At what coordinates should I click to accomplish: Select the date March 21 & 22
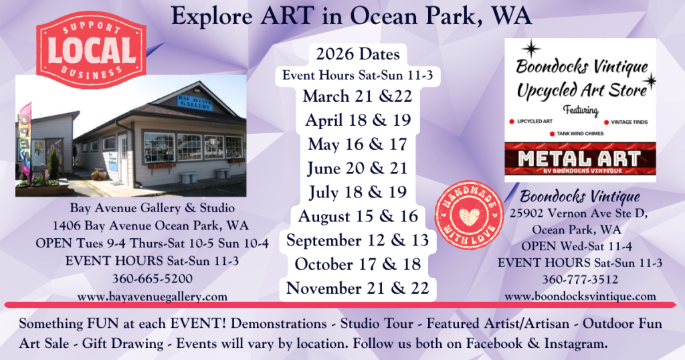pos(357,96)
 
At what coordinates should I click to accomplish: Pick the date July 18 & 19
pos(357,192)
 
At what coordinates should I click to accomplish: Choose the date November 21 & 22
pos(357,288)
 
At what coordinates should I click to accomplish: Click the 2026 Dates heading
pos(357,54)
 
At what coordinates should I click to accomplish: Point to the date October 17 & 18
pos(357,264)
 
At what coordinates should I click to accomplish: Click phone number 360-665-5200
pos(153,278)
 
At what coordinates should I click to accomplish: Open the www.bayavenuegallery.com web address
pos(153,296)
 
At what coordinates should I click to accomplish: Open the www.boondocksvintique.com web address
pos(580,296)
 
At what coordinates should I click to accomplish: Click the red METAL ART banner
pos(580,160)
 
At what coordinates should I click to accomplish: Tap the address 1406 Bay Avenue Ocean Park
pos(153,226)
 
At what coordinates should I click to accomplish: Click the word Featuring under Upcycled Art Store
pos(580,110)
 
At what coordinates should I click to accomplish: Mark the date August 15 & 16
pos(357,216)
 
